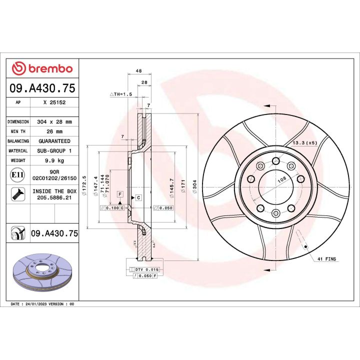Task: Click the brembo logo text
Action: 48,68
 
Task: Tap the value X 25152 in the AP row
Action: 54,102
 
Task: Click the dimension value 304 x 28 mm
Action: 54,121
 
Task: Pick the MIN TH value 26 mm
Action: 54,131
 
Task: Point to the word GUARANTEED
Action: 54,141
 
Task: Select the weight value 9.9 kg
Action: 54,160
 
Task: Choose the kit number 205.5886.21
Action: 54,198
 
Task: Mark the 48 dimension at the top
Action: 131,71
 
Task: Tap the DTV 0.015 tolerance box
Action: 144,269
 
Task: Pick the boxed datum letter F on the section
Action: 120,193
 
